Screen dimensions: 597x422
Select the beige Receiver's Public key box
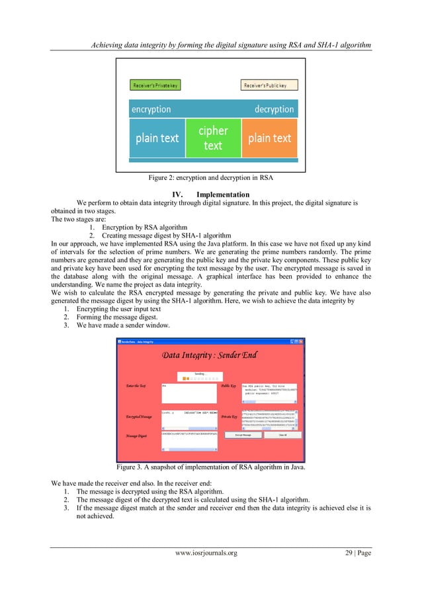(x=269, y=85)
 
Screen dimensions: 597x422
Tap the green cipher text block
(x=212, y=138)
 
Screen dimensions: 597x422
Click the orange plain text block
(x=269, y=138)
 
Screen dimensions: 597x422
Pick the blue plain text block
(x=157, y=138)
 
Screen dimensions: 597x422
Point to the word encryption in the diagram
(x=151, y=109)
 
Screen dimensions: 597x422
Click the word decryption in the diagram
(x=274, y=109)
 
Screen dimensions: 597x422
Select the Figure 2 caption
(x=211, y=177)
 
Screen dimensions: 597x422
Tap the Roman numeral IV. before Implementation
(x=177, y=195)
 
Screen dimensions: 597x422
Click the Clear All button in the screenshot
(x=281, y=435)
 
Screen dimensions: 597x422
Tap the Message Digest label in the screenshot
(x=136, y=437)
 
